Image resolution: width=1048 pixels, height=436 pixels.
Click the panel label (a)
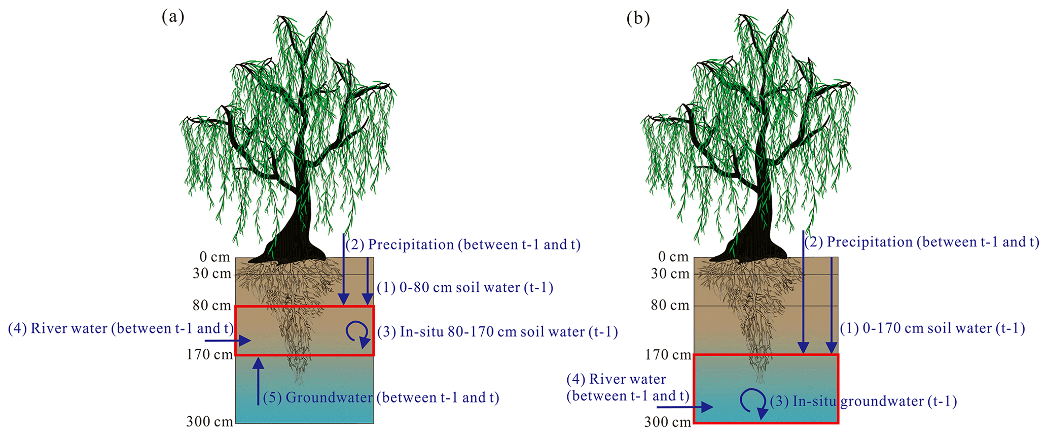(x=172, y=18)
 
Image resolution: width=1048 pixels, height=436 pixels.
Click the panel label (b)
(x=638, y=19)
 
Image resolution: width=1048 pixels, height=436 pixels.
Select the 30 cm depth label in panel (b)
(x=670, y=274)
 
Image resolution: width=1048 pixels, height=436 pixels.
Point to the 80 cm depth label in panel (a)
(x=211, y=306)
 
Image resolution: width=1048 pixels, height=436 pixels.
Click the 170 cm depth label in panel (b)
(x=668, y=355)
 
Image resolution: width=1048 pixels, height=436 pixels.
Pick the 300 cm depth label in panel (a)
(x=209, y=421)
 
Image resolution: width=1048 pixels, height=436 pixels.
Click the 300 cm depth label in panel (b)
(x=667, y=422)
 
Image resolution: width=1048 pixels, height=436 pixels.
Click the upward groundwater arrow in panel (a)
(x=259, y=381)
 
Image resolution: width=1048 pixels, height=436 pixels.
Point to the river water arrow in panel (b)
(x=684, y=407)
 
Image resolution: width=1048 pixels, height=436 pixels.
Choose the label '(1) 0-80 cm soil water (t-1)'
(x=465, y=288)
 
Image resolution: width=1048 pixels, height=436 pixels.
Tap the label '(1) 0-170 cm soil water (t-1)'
(x=932, y=328)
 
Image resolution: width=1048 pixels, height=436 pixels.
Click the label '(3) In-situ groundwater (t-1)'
(x=863, y=401)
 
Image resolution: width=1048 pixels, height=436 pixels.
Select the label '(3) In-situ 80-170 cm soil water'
(x=497, y=332)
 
